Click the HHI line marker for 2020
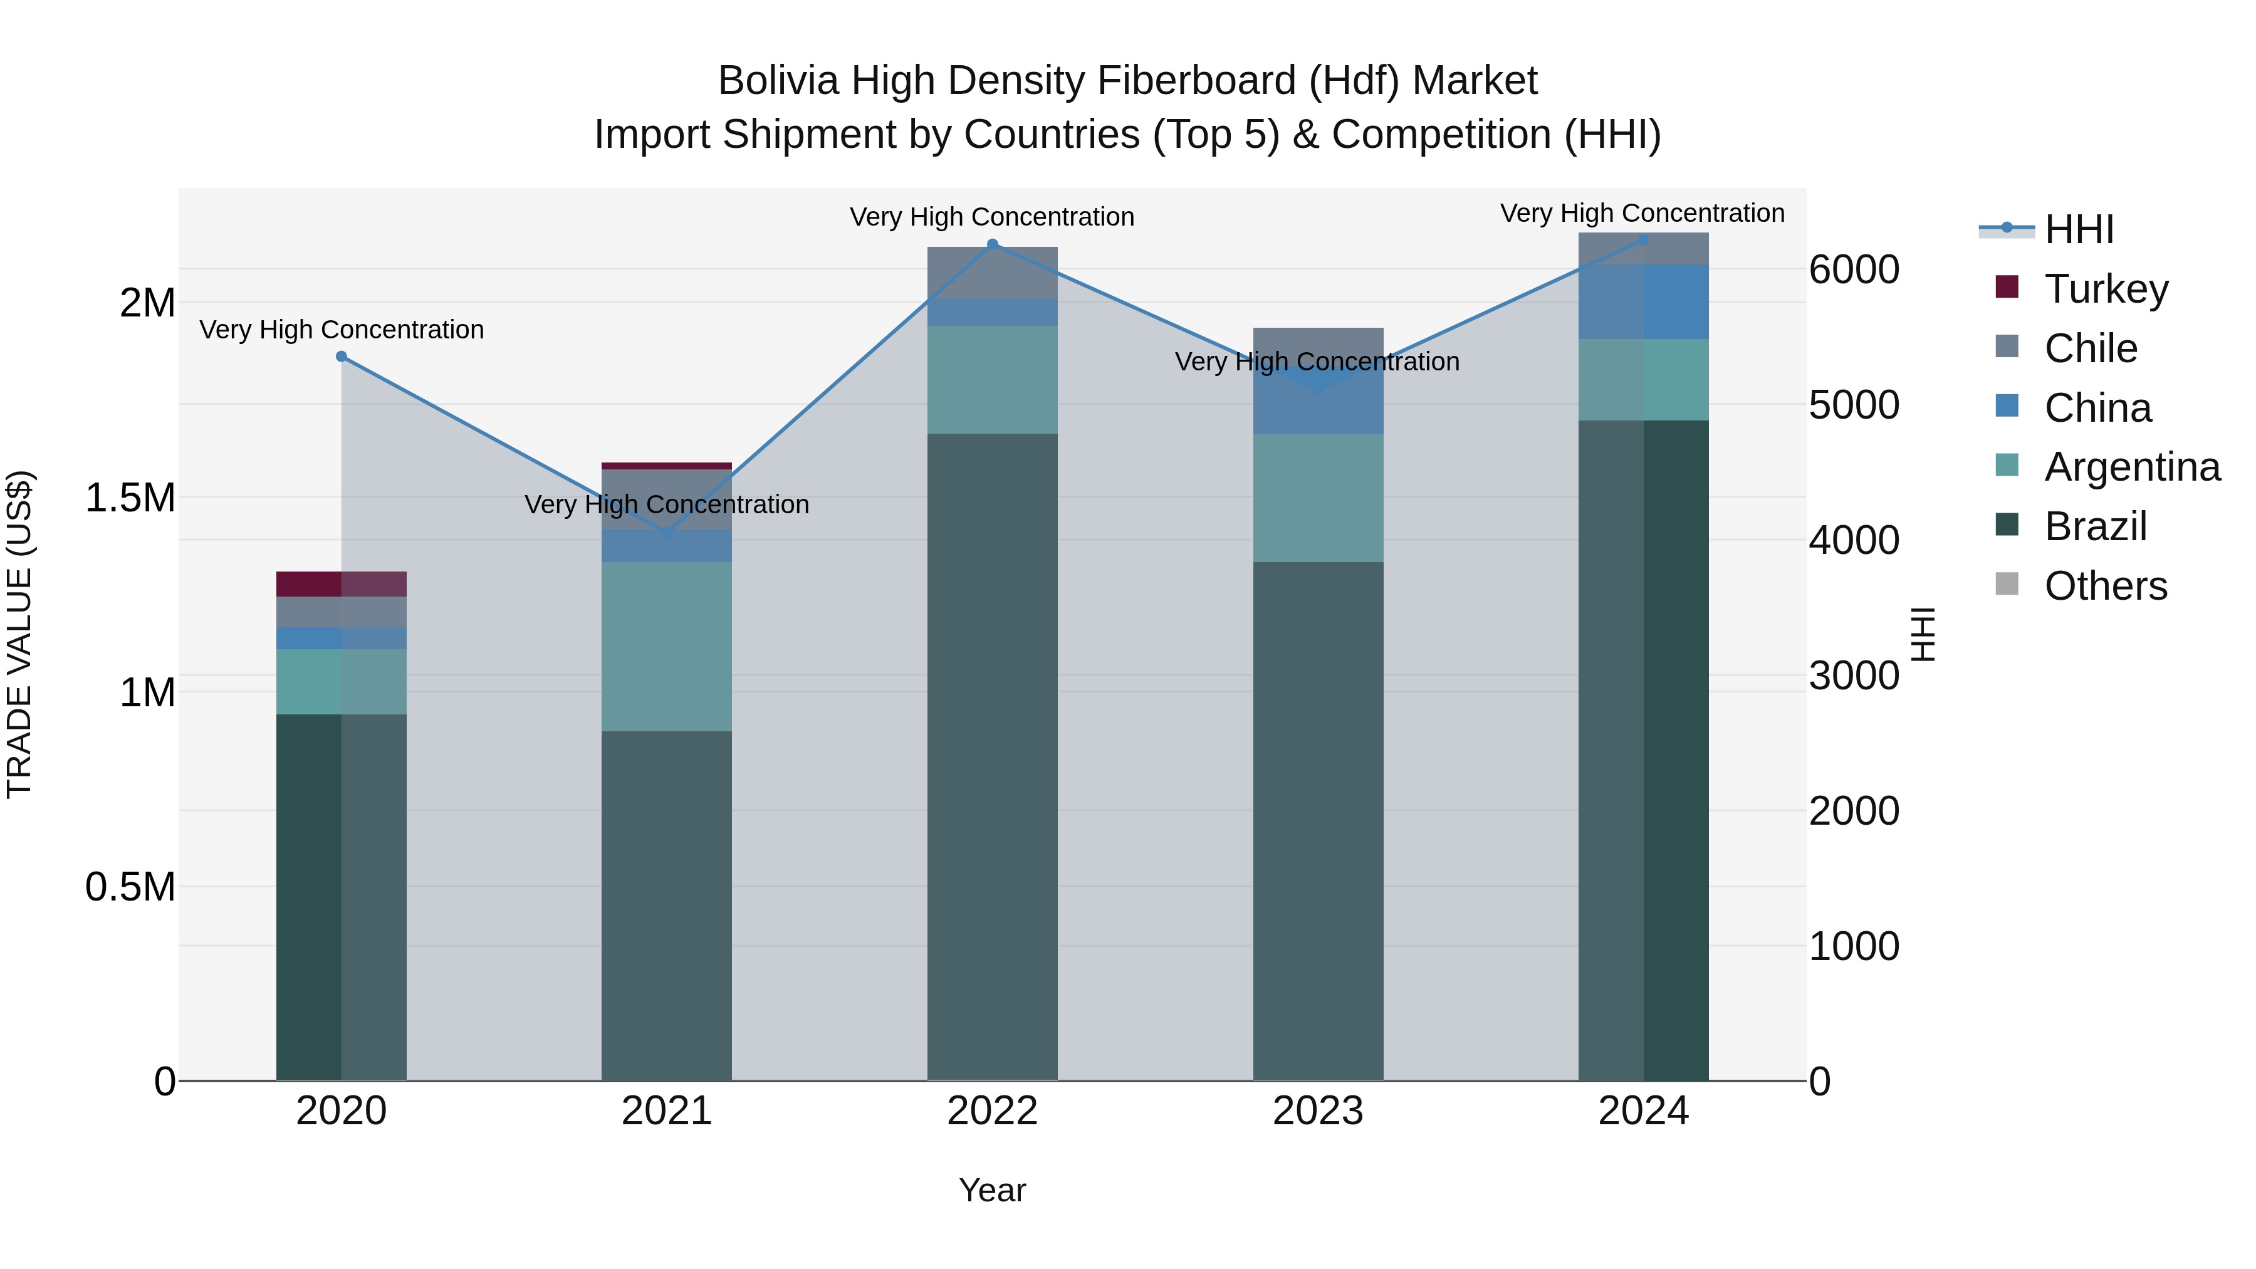click(342, 357)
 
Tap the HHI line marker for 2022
click(992, 244)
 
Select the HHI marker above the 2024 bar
click(1643, 239)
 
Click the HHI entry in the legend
click(2077, 229)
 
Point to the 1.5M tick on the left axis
click(130, 498)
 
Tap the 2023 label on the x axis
click(1317, 1111)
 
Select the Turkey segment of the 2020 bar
click(342, 584)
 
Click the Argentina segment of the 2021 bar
click(667, 646)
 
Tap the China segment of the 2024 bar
click(1643, 301)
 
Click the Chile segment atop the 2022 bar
click(992, 273)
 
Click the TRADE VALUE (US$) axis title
click(19, 634)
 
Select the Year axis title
click(992, 1190)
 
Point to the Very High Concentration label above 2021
click(667, 504)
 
